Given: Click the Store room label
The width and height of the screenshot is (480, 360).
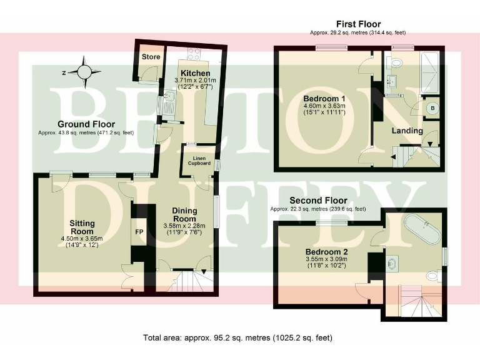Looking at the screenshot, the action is pos(151,57).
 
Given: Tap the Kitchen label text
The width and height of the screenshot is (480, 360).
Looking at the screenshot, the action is pos(195,73).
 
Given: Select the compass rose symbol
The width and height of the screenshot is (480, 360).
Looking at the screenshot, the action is pos(84,72).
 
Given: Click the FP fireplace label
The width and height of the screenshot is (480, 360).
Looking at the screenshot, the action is pos(139,232).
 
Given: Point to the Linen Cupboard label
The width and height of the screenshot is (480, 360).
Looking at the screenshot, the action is pos(199,161).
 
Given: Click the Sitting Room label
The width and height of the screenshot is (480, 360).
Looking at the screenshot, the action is pos(82,227).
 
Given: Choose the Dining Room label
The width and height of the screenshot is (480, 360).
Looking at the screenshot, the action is pos(184,214).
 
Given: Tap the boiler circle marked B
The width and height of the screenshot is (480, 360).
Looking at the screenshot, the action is pos(432,108).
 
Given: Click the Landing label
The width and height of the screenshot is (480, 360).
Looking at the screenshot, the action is pos(407,131).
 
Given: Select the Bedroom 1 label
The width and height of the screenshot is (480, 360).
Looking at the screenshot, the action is pos(324,99).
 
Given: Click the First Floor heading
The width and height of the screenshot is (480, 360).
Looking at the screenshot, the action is pos(359,24).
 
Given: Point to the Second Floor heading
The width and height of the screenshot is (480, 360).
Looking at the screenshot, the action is pos(318,201).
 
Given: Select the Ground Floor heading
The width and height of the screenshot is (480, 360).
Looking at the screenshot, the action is pos(86,124).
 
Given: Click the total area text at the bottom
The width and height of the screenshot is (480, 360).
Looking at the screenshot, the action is pos(237,337).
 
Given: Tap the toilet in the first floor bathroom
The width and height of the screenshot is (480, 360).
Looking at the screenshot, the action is pos(394,63).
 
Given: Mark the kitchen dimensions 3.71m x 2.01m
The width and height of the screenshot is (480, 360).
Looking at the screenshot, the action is pos(195,80).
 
